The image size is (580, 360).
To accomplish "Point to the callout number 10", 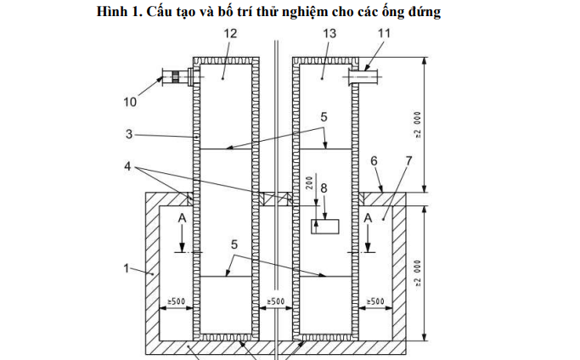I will coord(129,101).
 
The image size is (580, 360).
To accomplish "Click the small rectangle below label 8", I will coord(324,227).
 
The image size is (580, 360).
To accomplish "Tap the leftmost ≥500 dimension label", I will coord(175,301).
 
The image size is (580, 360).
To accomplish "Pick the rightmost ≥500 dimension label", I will coord(375,301).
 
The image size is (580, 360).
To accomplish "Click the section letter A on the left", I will coord(183,218).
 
